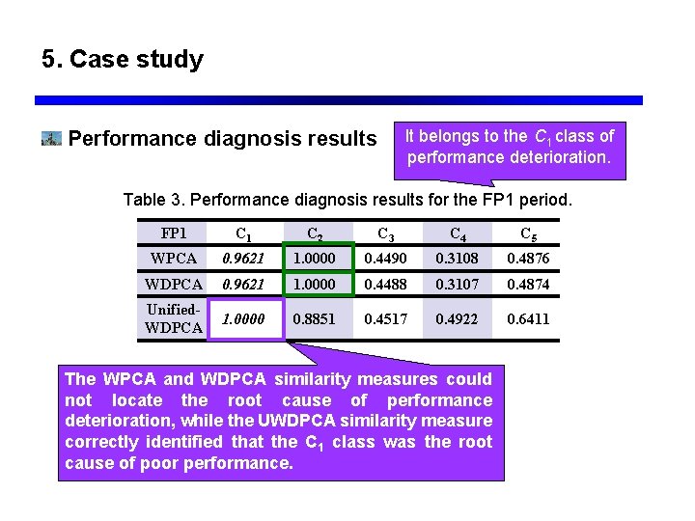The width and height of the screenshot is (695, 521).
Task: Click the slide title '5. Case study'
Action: click(x=123, y=60)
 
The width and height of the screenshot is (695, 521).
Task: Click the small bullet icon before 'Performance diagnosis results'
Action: click(x=51, y=139)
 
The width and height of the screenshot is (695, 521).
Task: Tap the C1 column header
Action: click(x=244, y=233)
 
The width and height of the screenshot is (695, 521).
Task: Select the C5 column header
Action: click(x=529, y=233)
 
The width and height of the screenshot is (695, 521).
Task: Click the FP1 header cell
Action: click(x=174, y=233)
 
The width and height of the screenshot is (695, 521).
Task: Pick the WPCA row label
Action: click(x=174, y=259)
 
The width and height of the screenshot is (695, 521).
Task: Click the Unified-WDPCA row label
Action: click(x=174, y=318)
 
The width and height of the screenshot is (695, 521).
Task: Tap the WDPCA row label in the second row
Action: click(x=174, y=285)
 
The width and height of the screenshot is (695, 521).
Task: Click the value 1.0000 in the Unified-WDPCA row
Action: click(x=244, y=319)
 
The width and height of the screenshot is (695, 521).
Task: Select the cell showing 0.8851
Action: click(x=315, y=319)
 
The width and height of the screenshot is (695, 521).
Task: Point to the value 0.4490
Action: click(x=385, y=259)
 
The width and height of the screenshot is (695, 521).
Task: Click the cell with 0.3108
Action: click(x=456, y=259)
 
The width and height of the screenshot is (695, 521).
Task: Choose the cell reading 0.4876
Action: click(x=529, y=259)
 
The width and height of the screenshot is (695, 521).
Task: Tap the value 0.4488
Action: click(x=385, y=285)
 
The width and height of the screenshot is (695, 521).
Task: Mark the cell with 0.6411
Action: click(x=529, y=319)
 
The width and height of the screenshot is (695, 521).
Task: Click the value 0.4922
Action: click(x=456, y=319)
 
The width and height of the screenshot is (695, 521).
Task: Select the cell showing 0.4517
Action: click(x=385, y=319)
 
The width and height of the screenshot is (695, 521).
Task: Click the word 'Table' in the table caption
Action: click(x=147, y=201)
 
